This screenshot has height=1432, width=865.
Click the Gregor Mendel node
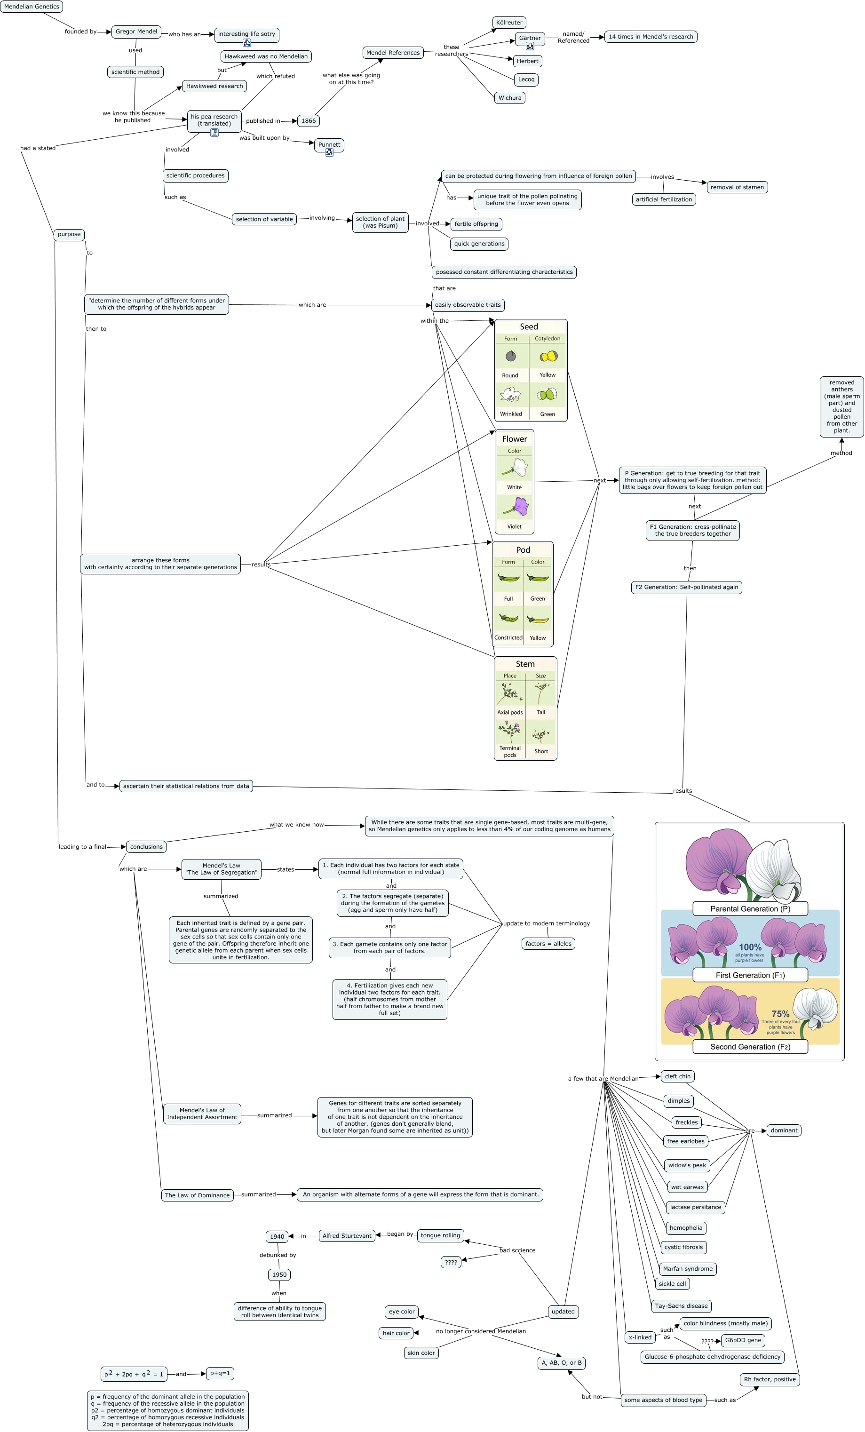(136, 32)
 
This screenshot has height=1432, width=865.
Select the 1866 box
(309, 121)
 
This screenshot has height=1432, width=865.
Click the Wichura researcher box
(509, 98)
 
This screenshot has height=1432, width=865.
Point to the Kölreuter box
(509, 23)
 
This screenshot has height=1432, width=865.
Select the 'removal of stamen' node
(737, 187)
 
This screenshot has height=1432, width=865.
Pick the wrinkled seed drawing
(510, 395)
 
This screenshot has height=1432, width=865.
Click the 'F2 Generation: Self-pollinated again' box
(686, 587)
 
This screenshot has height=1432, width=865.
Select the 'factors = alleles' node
(548, 943)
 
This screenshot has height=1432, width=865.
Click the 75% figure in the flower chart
(780, 1014)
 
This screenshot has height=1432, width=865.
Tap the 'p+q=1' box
(220, 1373)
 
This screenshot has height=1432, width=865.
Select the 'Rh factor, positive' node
(769, 1379)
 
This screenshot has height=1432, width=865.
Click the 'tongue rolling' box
(440, 1235)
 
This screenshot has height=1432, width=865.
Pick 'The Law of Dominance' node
(197, 1195)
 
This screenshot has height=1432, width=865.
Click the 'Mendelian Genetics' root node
(32, 7)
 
